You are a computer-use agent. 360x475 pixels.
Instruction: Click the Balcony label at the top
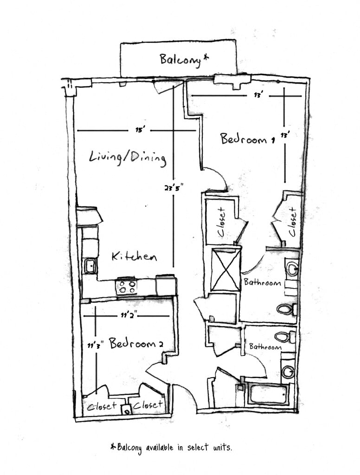coord(184,59)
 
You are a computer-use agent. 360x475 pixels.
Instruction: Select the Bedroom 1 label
coord(244,139)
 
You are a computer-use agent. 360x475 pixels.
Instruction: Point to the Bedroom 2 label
coord(136,344)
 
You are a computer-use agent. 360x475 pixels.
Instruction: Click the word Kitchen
coord(134,257)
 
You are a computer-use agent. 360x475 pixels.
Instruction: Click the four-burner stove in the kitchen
coord(127,286)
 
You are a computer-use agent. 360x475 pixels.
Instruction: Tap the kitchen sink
coord(90,266)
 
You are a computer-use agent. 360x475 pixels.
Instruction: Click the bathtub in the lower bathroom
coord(268,394)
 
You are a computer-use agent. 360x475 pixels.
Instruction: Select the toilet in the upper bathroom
coord(286,309)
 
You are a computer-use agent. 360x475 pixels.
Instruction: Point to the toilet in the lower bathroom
coord(284,337)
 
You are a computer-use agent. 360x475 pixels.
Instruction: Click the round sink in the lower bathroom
coord(288,372)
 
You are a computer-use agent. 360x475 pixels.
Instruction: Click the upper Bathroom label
coord(262,282)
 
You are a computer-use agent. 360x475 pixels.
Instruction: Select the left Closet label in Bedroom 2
coord(101,407)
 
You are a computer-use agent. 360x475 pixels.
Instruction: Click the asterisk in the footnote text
coord(113,447)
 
